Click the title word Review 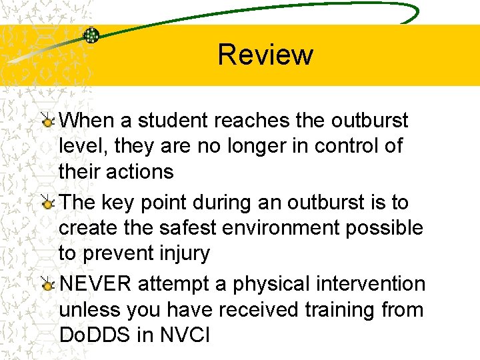pos(265,55)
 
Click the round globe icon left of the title pos(91,35)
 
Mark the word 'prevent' pos(117,254)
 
